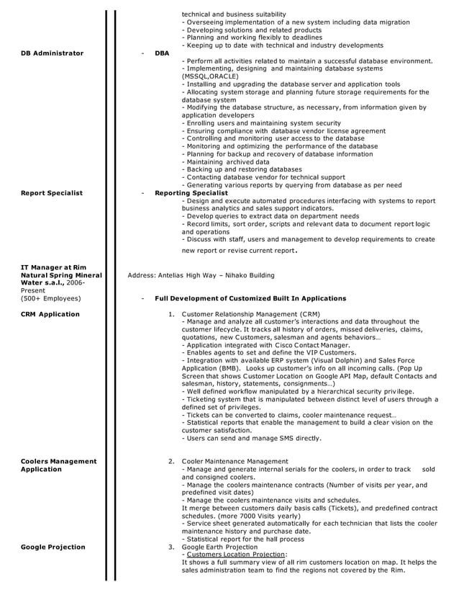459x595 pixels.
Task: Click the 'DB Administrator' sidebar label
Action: click(52, 53)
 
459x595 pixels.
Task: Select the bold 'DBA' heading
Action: click(162, 53)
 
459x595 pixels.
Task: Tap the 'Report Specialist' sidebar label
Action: click(52, 193)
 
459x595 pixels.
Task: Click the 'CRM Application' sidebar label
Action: click(50, 314)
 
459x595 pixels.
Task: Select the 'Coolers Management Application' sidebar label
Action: click(58, 465)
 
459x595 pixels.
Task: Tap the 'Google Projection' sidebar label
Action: click(53, 547)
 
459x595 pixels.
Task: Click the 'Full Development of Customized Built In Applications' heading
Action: click(250, 298)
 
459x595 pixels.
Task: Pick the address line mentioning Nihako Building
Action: click(201, 275)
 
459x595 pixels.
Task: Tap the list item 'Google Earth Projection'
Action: click(219, 547)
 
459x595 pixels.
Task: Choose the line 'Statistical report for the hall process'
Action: click(242, 539)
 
